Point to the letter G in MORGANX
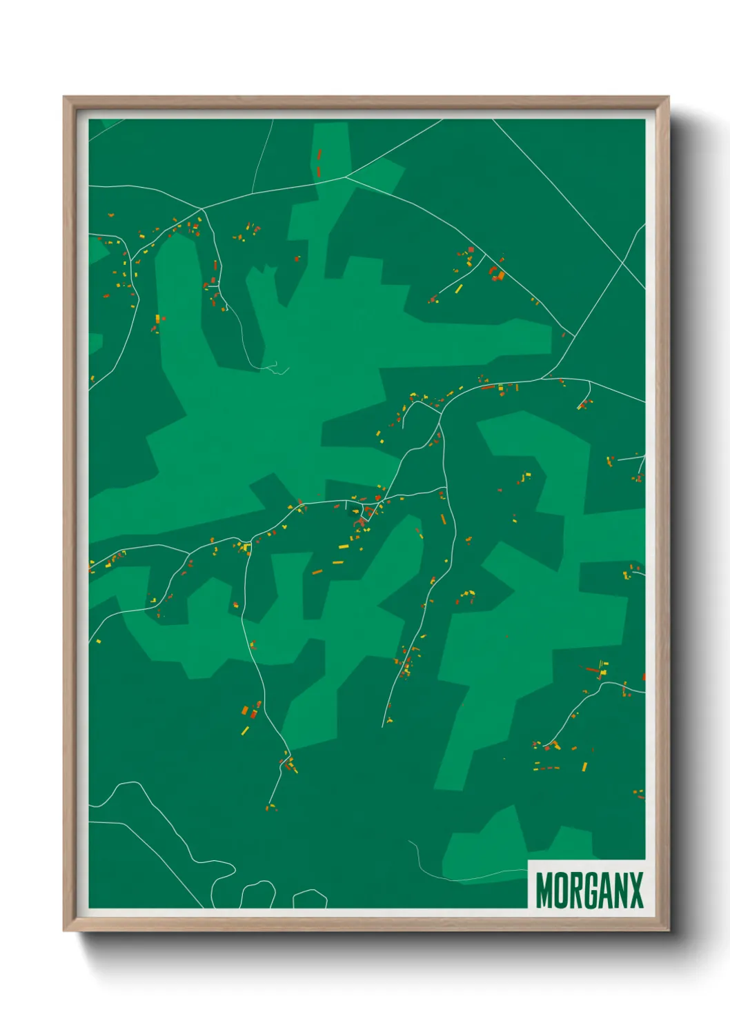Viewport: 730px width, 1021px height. (x=591, y=891)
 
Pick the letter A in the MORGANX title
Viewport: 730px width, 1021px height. (x=606, y=891)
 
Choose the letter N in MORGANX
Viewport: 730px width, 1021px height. (x=622, y=891)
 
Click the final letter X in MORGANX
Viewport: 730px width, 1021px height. (x=636, y=891)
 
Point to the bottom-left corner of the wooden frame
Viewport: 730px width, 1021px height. (x=65, y=930)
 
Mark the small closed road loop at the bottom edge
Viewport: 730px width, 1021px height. (x=310, y=899)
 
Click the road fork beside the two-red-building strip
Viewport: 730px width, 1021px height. (x=345, y=177)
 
